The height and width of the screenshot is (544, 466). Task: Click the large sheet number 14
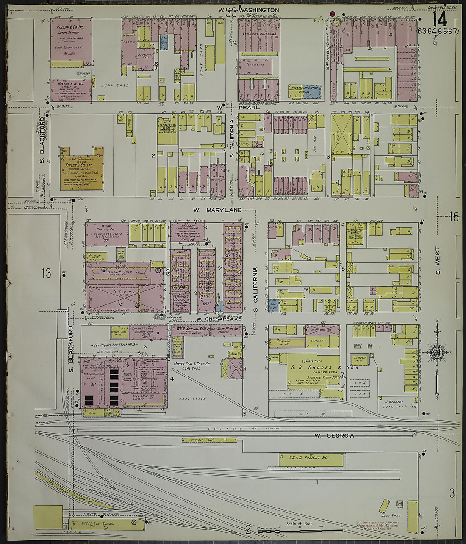pyautogui.click(x=440, y=19)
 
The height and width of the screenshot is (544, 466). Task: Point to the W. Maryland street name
pyautogui.click(x=218, y=210)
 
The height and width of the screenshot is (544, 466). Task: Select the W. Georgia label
pyautogui.click(x=334, y=436)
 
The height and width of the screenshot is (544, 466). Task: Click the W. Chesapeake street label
pyautogui.click(x=219, y=319)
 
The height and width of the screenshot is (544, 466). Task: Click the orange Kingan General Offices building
pyautogui.click(x=82, y=169)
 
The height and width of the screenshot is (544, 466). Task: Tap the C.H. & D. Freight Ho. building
pyautogui.click(x=311, y=460)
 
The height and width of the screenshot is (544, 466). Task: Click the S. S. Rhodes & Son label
pyautogui.click(x=324, y=367)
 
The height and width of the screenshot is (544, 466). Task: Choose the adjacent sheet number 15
pyautogui.click(x=454, y=217)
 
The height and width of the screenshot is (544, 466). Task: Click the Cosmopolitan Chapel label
pyautogui.click(x=358, y=229)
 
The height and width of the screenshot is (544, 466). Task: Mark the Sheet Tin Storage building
pyautogui.click(x=106, y=524)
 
